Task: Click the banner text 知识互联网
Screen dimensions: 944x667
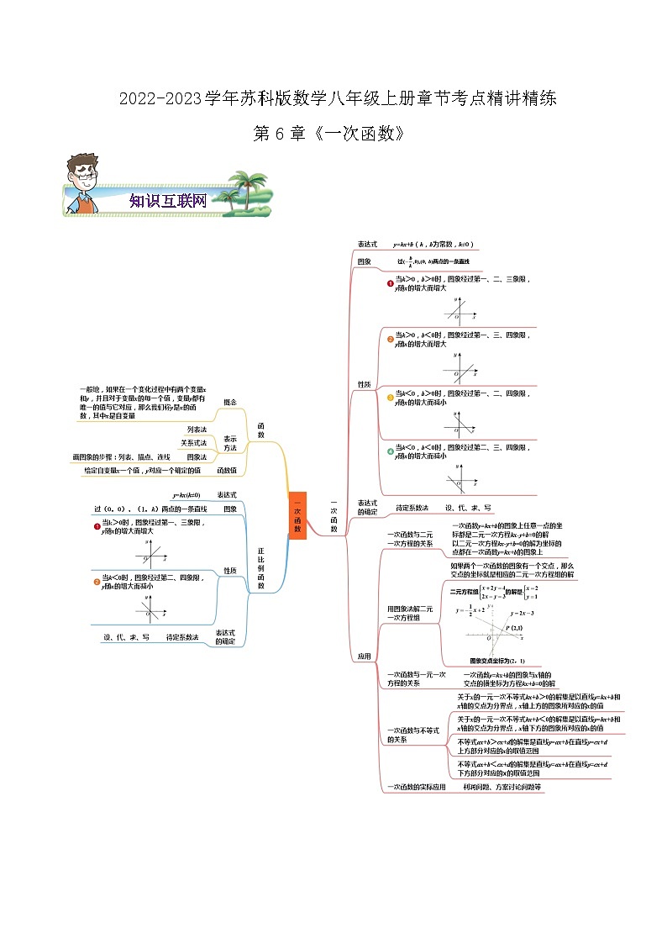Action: (168, 201)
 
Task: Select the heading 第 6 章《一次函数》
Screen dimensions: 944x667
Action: (333, 134)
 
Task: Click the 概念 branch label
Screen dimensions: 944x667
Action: (229, 402)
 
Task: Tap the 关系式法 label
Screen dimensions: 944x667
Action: (193, 443)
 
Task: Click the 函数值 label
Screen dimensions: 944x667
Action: (227, 471)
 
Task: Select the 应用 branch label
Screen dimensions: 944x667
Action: (365, 657)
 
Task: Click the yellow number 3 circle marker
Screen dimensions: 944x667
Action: (390, 398)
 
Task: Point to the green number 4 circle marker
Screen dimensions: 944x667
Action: (390, 451)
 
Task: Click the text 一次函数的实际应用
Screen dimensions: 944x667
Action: (416, 788)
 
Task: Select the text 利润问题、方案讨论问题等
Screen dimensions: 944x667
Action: (502, 788)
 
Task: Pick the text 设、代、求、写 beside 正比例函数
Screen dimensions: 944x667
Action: (126, 637)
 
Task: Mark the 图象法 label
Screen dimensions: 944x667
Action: (197, 456)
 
